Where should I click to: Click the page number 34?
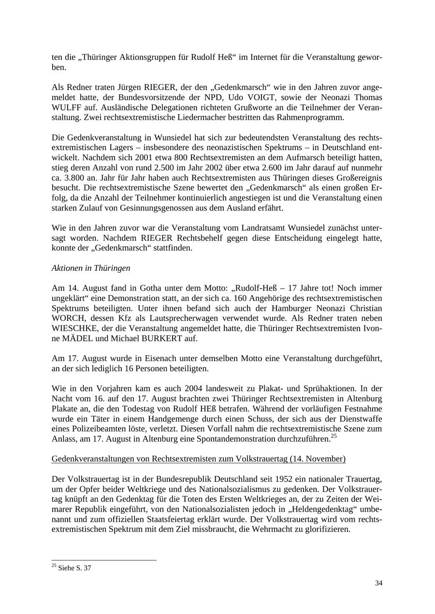tap(378, 584)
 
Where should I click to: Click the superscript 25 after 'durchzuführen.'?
tap(333, 436)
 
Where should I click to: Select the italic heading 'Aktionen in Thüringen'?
tap(91, 268)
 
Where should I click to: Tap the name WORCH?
tap(66, 319)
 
